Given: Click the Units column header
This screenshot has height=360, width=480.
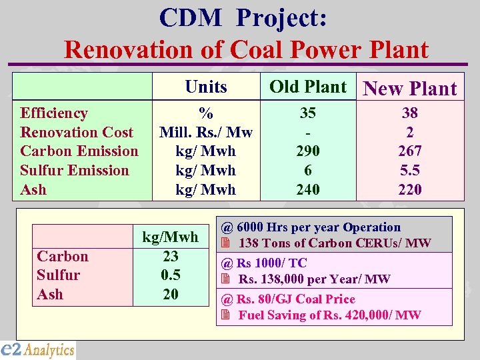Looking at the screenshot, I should tap(206, 87).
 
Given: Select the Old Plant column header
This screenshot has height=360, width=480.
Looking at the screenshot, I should tap(308, 87).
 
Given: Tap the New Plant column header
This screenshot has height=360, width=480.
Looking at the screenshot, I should tap(410, 89).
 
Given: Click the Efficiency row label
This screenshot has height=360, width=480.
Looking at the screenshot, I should tap(54, 113).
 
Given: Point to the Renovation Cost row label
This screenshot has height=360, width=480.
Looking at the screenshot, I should tap(77, 132).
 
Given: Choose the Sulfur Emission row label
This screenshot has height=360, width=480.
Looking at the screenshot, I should tap(75, 170).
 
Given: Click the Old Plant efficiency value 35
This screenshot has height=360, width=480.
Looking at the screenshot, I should tap(308, 113).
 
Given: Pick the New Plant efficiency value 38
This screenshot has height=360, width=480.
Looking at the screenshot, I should tap(410, 113).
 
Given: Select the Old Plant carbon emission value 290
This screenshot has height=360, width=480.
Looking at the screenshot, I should tap(308, 151).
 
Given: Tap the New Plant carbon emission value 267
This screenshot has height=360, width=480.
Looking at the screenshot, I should tap(410, 151).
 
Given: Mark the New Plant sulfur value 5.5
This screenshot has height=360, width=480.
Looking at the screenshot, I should tap(410, 170).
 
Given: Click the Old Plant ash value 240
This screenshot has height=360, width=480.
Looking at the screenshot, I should tap(308, 189).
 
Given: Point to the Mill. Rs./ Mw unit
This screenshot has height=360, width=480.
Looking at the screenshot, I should tap(206, 132).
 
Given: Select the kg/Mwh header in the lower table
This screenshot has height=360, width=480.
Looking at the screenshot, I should tap(171, 237).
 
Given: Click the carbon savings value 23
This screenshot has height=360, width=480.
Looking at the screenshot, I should tap(171, 256).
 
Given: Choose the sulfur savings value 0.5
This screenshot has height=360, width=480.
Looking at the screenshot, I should tap(171, 275).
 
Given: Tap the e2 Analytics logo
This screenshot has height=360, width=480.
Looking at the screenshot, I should tap(38, 349).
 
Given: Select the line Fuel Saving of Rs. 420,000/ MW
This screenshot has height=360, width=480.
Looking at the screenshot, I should tap(329, 315).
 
